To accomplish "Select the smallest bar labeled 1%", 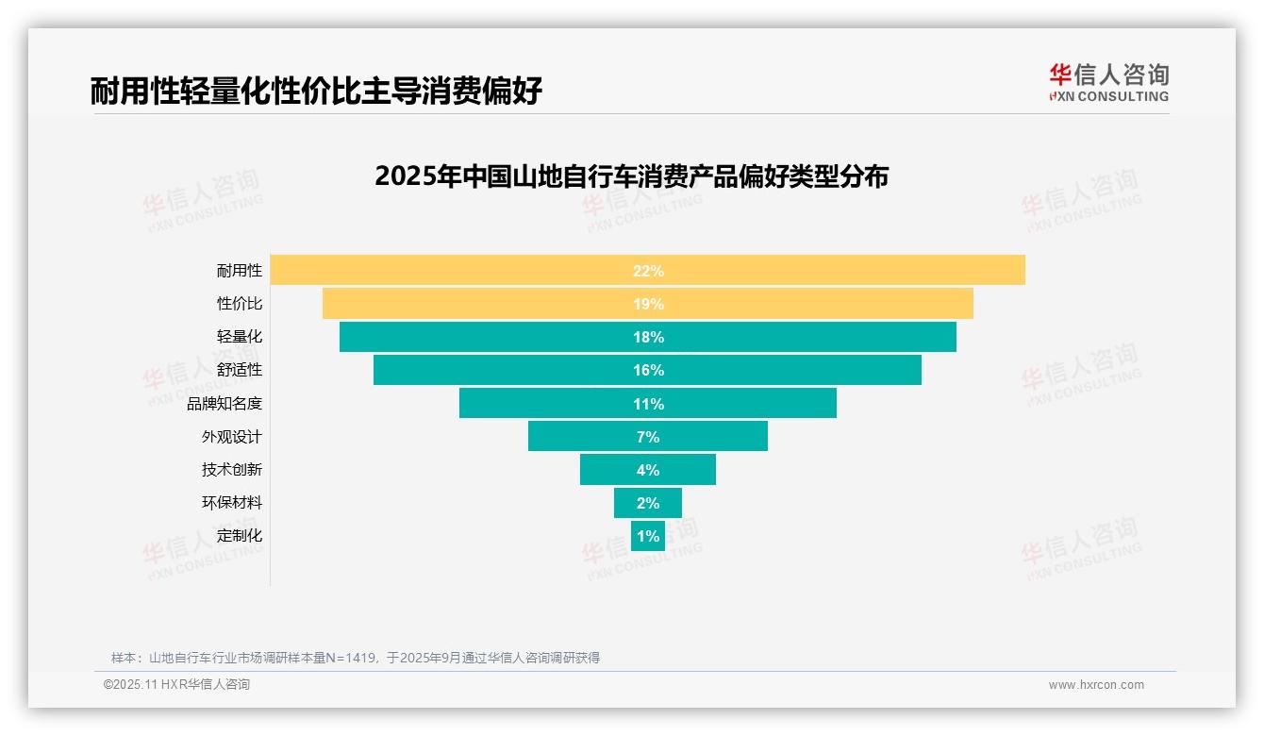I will point(648,536).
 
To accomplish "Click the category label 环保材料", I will point(231,502).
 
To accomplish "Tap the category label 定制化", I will point(239,535).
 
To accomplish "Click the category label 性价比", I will point(239,304).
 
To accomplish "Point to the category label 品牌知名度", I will point(224,403).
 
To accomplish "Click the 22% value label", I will point(648,271).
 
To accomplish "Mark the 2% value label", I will point(648,503).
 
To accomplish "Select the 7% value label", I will point(648,437).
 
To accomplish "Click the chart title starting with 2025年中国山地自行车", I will point(631,176).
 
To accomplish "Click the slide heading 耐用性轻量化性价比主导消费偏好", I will point(316,91).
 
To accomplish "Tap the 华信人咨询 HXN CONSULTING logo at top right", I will point(1108,83).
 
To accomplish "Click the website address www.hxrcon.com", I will point(1095,685).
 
